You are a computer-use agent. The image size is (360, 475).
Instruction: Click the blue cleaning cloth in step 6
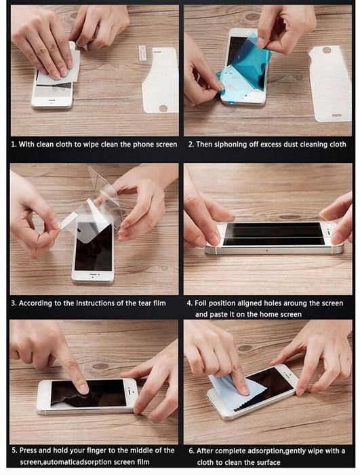click(235, 391)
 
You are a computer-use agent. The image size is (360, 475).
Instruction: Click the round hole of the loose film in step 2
click(326, 50)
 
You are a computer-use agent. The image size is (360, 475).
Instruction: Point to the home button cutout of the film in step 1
click(163, 108)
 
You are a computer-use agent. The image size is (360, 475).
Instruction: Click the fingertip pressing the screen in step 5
click(83, 389)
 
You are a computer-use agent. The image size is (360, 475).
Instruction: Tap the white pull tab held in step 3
click(69, 221)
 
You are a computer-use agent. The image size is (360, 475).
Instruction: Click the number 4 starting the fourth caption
click(189, 303)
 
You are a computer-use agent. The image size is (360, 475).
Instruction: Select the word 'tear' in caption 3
click(145, 303)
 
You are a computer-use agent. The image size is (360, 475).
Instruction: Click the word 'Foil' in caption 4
click(200, 303)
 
